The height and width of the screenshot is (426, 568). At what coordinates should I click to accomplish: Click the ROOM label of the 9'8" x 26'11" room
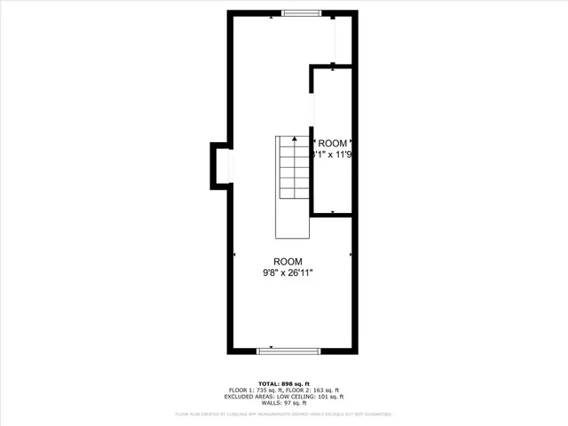pyautogui.click(x=288, y=262)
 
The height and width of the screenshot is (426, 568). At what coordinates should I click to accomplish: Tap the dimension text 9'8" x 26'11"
pyautogui.click(x=288, y=273)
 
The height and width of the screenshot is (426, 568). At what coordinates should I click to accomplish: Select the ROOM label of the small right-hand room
pyautogui.click(x=333, y=144)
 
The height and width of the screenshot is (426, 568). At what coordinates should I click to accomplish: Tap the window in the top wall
pyautogui.click(x=302, y=12)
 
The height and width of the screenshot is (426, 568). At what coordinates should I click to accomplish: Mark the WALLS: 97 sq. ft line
pyautogui.click(x=284, y=404)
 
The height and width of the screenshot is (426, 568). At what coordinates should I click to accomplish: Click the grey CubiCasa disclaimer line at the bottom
pyautogui.click(x=284, y=414)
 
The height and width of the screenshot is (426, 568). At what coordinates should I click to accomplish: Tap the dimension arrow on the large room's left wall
pyautogui.click(x=234, y=255)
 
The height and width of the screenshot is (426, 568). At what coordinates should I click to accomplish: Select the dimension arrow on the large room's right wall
pyautogui.click(x=351, y=255)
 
